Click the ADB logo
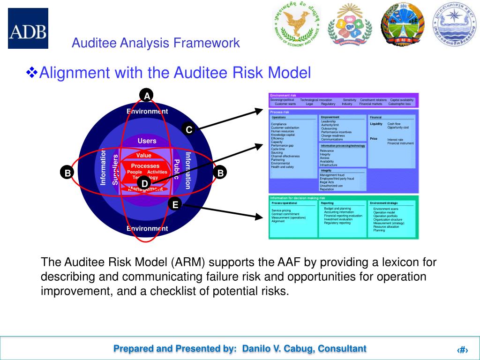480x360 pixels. (x=28, y=28)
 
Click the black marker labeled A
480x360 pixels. (x=147, y=96)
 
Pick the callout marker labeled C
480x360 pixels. (x=189, y=129)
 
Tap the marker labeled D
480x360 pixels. (x=144, y=183)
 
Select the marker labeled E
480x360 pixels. (x=175, y=204)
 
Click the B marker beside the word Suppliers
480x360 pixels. (x=67, y=172)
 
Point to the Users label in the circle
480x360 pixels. (x=147, y=141)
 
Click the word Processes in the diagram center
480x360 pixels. (x=145, y=165)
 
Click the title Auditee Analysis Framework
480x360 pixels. (x=156, y=43)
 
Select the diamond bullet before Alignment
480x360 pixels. (x=32, y=73)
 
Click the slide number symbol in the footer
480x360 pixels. (x=463, y=350)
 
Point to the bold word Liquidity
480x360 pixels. (x=376, y=124)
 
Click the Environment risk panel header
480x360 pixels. (x=283, y=95)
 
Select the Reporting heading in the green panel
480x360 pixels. (x=327, y=203)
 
